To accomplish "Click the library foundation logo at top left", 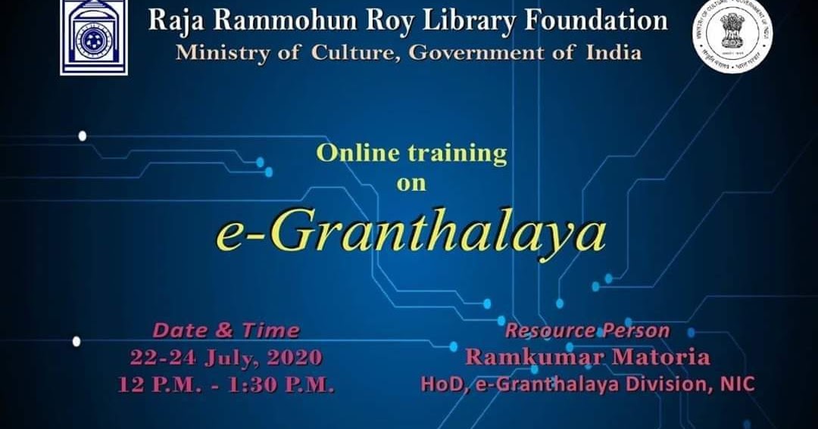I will (x=94, y=36).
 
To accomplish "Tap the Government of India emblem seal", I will (x=732, y=36).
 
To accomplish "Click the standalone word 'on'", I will (x=411, y=182).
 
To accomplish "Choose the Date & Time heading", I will (x=226, y=331).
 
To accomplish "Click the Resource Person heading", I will (x=587, y=331).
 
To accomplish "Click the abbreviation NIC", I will (x=737, y=384).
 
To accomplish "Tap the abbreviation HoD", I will (x=438, y=384).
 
